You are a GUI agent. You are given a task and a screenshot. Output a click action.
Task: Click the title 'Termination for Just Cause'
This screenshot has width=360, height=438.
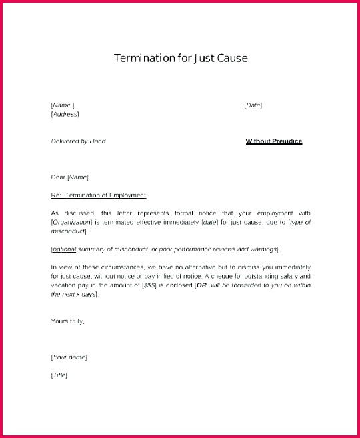pos(181,58)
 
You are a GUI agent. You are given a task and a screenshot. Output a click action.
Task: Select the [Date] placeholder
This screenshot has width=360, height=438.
pos(253,105)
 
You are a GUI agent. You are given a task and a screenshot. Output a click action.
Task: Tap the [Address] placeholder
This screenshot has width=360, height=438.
pos(65,114)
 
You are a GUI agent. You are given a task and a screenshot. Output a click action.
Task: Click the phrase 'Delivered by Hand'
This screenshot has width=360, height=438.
pos(78,141)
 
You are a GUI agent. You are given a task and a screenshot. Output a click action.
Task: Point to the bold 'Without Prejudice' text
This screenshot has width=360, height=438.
pos(273,141)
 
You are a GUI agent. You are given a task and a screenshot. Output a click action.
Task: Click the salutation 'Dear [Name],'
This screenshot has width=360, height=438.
pos(70,177)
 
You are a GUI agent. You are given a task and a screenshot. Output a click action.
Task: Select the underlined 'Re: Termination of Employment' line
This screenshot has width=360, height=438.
pos(98,195)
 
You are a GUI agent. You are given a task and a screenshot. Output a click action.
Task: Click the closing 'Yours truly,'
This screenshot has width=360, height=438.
pos(67,321)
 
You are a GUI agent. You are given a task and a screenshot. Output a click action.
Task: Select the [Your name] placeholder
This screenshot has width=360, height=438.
pos(69,357)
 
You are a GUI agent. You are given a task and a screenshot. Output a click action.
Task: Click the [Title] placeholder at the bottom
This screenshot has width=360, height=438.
pos(59,375)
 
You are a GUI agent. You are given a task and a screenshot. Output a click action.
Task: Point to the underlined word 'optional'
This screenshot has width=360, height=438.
pos(64,249)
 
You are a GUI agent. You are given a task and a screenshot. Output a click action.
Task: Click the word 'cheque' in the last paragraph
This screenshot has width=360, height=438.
pos(223,276)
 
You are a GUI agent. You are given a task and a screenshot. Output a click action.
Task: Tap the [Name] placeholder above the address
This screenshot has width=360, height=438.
pos(62,105)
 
